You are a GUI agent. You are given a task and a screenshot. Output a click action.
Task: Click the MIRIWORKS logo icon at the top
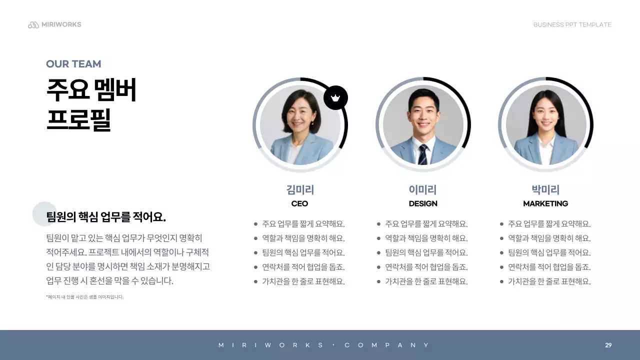point(33,25)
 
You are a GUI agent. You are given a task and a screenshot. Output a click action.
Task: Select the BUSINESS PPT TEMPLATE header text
point(572,25)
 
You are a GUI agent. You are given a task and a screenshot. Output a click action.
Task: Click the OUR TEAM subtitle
point(73,64)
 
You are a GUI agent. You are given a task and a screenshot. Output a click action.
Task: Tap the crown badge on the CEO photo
point(335,98)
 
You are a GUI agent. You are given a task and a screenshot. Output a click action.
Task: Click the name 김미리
point(300,190)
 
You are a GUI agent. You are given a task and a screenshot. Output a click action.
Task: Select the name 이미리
point(423,190)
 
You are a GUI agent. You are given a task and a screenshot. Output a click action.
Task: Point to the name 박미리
point(545,190)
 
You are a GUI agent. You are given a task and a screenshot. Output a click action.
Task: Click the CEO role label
point(300,203)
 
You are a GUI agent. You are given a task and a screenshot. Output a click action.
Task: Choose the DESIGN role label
point(423,203)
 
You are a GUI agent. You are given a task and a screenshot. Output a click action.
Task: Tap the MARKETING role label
point(545,203)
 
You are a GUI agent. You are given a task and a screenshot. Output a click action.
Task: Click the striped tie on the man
point(423,154)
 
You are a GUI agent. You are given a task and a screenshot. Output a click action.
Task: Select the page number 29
point(608,345)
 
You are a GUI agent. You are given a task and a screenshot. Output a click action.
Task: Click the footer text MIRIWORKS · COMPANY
point(324,345)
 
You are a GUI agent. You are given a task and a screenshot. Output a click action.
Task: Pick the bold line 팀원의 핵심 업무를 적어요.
point(106,217)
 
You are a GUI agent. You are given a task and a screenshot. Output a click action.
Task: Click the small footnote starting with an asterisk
point(84,297)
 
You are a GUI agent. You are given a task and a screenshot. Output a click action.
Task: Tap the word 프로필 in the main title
point(78,120)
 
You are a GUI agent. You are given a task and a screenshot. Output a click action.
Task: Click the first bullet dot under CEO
point(256,224)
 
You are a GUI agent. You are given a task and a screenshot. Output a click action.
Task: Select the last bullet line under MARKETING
point(549,281)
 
